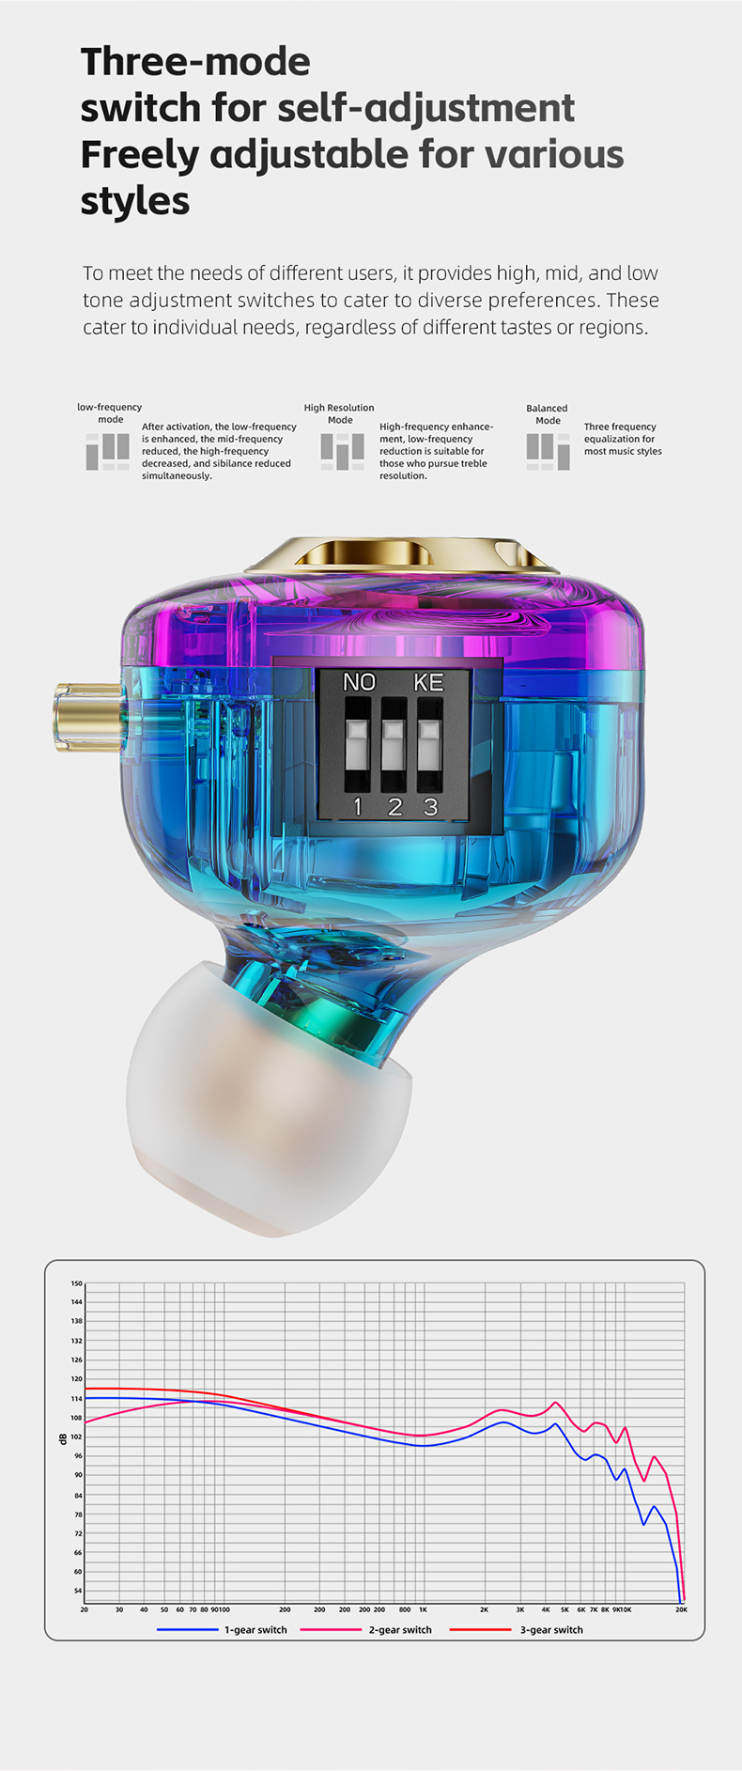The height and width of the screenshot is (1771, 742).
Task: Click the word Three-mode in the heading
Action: click(195, 62)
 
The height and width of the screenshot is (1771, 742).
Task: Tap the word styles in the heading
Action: click(135, 200)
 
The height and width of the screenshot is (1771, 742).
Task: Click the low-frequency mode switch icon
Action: click(108, 451)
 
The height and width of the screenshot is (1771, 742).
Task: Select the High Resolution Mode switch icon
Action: click(342, 451)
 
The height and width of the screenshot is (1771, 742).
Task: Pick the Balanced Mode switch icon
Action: click(549, 451)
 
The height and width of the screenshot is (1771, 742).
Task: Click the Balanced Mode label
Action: click(547, 414)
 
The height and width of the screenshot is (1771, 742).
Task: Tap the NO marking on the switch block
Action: click(359, 682)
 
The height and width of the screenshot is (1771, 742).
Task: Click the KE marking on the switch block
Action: click(429, 682)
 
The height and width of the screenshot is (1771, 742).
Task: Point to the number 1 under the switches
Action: click(358, 806)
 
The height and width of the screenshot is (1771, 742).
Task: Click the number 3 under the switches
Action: click(431, 806)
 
